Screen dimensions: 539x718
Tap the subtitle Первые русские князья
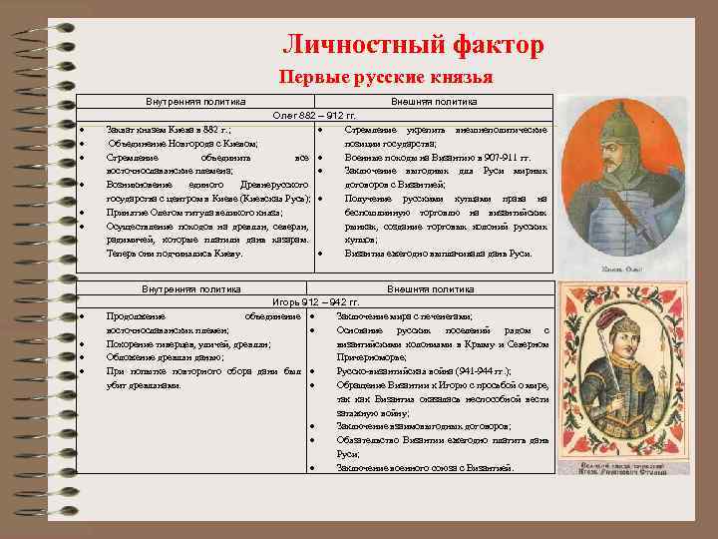tap(385, 77)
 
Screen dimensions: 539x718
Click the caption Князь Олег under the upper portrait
tap(619, 269)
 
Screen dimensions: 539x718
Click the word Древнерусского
tap(266, 186)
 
